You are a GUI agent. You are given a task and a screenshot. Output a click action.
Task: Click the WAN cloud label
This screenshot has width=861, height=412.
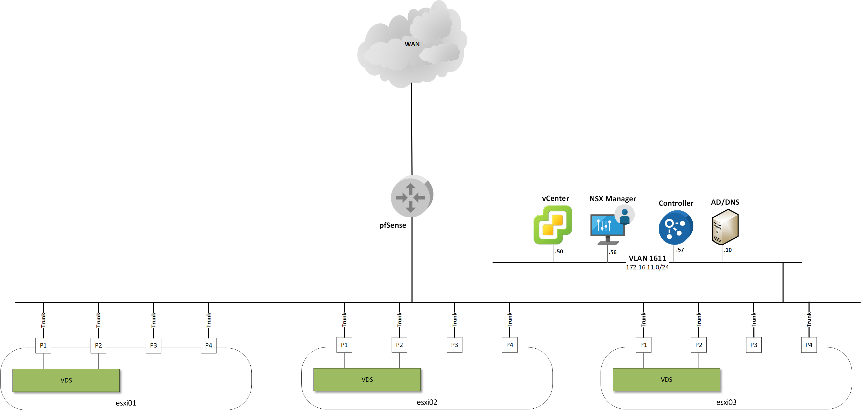pos(412,44)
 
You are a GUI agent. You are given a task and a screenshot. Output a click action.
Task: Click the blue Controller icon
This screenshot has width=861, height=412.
pos(676,227)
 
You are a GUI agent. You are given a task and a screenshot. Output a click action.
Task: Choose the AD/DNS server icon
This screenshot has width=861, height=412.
pos(725,227)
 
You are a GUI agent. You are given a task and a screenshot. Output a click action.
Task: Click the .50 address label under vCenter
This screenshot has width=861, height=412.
pos(559,252)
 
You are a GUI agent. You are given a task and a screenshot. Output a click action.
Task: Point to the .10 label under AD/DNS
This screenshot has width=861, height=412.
pos(728,250)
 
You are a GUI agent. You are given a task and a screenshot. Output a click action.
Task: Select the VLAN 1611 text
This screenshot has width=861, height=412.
pos(647,258)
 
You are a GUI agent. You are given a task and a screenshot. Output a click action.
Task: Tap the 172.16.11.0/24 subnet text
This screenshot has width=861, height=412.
pos(647,267)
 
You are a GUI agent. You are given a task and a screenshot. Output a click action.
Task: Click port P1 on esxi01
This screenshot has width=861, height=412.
pos(43,345)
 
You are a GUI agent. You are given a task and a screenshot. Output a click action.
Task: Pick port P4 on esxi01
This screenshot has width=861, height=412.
pos(208,345)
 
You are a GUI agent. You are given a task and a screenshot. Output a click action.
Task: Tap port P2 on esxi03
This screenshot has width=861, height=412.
pos(699,345)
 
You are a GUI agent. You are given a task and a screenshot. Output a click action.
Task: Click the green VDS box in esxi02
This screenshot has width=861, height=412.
pos(367,380)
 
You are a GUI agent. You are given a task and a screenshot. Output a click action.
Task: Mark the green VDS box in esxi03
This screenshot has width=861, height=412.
pos(666,380)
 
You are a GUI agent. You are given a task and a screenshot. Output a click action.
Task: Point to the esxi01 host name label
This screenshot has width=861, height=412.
pos(126,403)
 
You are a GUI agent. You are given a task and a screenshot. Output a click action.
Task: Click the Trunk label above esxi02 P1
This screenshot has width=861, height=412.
pos(344,320)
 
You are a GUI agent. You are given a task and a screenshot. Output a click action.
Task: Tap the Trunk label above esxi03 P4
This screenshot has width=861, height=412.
pos(809,320)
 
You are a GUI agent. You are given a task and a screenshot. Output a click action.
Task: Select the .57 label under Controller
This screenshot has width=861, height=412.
pos(680,250)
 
